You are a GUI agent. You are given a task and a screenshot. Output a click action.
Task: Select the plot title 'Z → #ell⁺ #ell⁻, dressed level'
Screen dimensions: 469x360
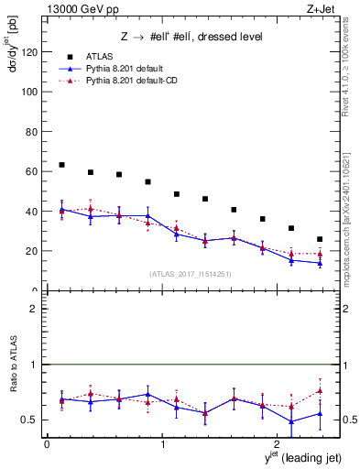click(191, 37)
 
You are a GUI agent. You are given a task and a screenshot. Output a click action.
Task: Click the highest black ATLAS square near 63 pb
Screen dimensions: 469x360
click(61, 165)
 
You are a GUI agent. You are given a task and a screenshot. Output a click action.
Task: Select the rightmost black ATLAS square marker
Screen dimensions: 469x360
click(320, 239)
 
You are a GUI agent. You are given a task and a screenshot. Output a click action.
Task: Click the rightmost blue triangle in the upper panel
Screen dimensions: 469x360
click(320, 263)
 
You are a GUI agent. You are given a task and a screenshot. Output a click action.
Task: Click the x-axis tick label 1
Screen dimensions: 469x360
click(162, 445)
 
